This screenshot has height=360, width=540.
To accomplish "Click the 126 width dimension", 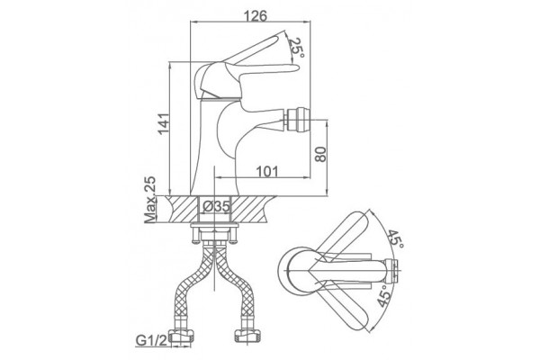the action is point(256,15).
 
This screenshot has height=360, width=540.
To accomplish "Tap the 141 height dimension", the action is point(164,123).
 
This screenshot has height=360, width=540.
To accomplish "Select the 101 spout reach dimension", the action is point(267,171).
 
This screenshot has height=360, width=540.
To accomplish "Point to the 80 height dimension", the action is point(319,154).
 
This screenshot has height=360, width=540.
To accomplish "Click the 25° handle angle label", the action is point(296,47).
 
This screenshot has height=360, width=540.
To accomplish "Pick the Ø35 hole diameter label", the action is point(216,207).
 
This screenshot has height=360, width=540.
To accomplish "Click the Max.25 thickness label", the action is point(149,200).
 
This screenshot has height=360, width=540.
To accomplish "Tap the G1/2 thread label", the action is point(151,341).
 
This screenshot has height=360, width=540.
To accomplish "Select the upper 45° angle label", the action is point(396,238).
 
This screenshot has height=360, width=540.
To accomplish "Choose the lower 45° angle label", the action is point(384,295).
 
